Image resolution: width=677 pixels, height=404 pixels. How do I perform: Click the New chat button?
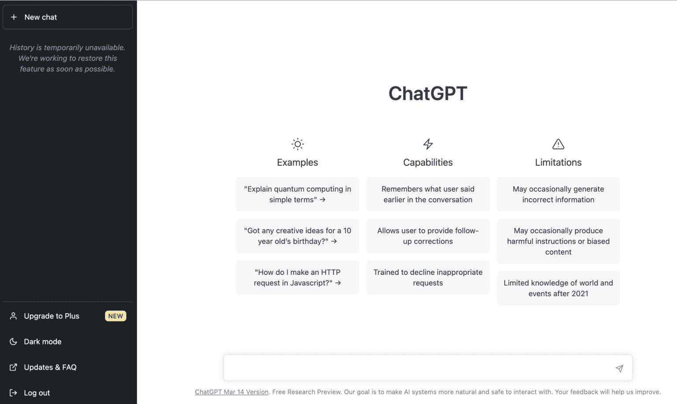[x=67, y=17]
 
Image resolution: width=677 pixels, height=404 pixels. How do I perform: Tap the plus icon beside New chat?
[x=14, y=17]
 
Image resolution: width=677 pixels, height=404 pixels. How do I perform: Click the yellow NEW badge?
[x=115, y=316]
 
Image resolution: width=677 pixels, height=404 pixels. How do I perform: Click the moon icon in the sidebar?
[x=13, y=342]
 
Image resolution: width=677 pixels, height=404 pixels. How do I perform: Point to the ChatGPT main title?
[x=428, y=93]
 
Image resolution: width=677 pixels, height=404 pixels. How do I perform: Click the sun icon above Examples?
[x=298, y=144]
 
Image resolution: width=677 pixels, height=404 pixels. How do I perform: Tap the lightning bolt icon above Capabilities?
[x=428, y=144]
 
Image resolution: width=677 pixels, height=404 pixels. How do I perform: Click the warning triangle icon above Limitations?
[x=558, y=144]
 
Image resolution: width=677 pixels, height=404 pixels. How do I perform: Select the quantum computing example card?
[x=298, y=194]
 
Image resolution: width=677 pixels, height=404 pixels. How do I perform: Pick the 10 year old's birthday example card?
[x=298, y=236]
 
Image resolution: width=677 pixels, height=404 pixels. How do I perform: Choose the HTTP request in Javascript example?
[x=298, y=277]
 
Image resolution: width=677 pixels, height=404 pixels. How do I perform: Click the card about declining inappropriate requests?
[x=428, y=277]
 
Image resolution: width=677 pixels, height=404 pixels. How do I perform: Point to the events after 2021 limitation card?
[x=558, y=288]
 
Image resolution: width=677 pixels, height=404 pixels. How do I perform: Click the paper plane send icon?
[x=619, y=368]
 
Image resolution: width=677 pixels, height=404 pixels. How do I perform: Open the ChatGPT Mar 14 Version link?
[x=231, y=392]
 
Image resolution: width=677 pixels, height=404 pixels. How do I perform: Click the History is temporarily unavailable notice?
[x=67, y=58]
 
